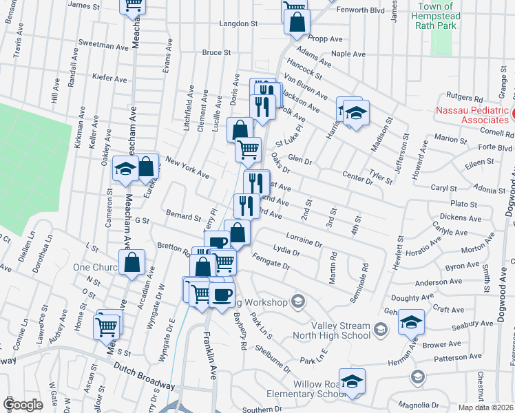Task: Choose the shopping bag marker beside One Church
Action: coord(132,263)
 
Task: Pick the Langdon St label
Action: coord(238,23)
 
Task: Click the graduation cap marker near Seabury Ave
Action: coord(412,321)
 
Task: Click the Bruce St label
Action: coord(216,52)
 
